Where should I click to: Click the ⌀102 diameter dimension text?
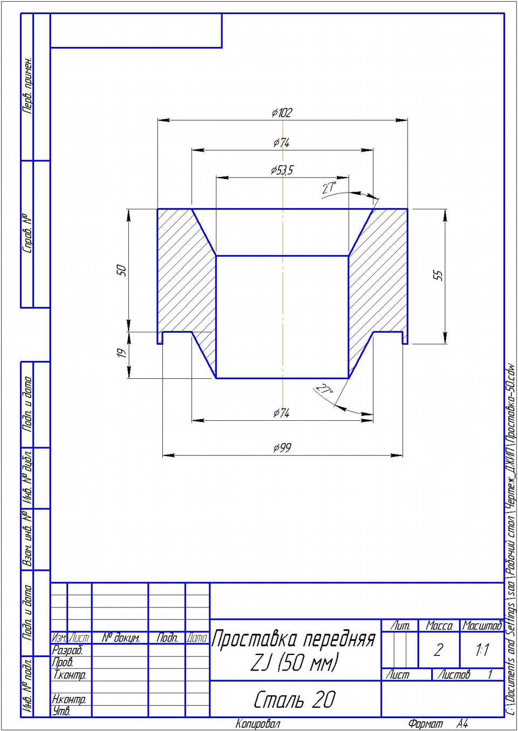(282, 113)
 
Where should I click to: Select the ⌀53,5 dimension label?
(282, 170)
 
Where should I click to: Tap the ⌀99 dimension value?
(282, 447)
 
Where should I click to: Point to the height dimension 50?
(122, 270)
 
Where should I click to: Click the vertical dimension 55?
(439, 275)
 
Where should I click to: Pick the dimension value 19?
(121, 353)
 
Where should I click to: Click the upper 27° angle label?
(329, 188)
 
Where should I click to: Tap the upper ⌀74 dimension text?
(281, 142)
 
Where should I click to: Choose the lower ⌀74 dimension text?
(281, 413)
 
